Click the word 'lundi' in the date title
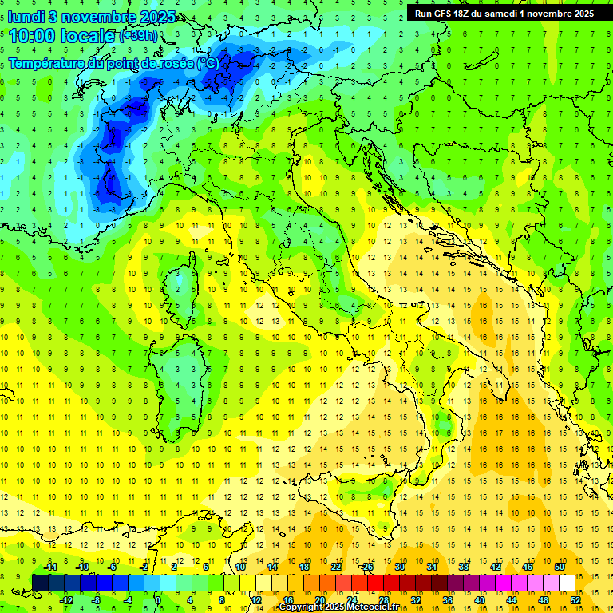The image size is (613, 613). pos(25,17)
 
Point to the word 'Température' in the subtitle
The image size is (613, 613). pos(49,64)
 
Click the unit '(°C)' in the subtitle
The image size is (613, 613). pos(207,64)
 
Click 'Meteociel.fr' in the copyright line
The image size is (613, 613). pos(378,607)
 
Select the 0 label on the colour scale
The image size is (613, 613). pos(157,600)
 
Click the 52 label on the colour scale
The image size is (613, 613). pos(576,600)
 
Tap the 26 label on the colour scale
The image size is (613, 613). pos(367,567)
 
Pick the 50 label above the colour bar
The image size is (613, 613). pos(560,567)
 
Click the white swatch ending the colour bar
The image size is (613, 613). pos(568,583)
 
